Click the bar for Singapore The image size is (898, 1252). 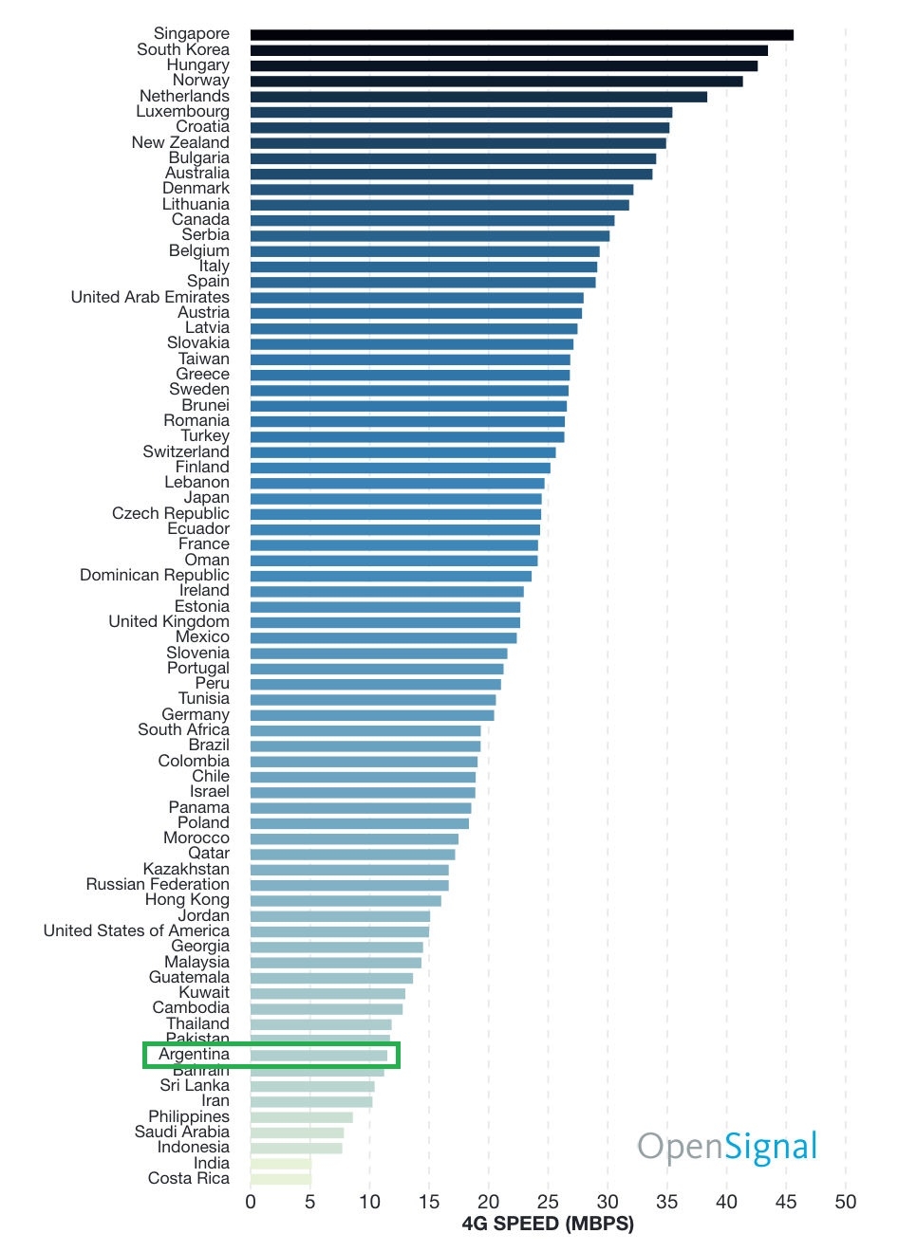coord(521,35)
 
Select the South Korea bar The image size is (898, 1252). coord(509,50)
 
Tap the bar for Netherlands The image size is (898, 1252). coord(478,97)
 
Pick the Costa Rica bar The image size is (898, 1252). coord(280,1179)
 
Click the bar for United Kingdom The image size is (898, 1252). coord(384,622)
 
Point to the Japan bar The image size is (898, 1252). coord(396,499)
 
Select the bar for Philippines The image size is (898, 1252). coord(301,1117)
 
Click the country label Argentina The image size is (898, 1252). coord(194,1055)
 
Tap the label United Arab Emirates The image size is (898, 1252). coord(150,297)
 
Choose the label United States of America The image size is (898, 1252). coord(136,930)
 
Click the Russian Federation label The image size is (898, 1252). coord(158,884)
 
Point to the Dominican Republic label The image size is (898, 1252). coord(154,575)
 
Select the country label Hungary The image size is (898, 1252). coord(197,64)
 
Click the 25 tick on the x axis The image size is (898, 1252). coord(548,1202)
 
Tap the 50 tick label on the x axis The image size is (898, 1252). coord(845,1202)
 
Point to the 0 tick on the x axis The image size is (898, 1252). coord(251,1202)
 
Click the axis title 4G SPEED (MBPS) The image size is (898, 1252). coord(548,1224)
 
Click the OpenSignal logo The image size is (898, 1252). coord(727,1146)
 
